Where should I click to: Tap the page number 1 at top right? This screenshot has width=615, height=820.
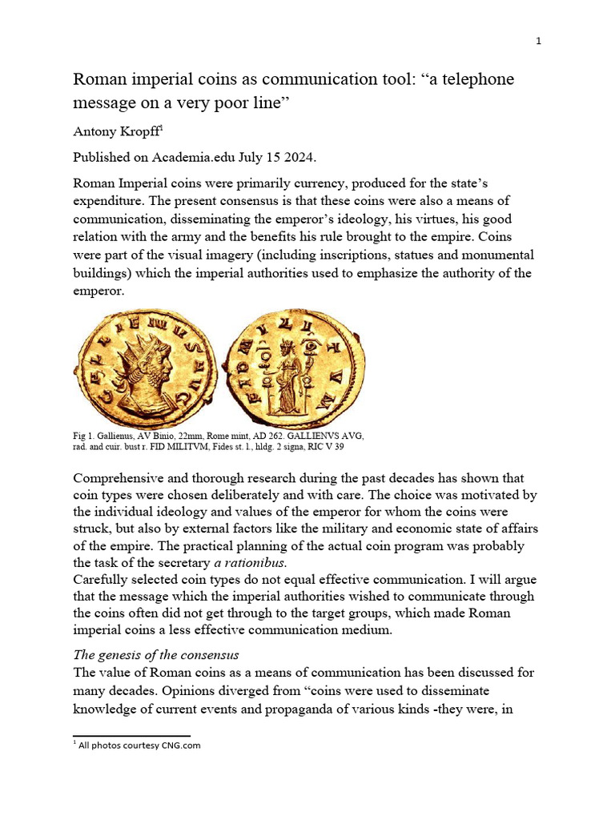click(539, 42)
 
